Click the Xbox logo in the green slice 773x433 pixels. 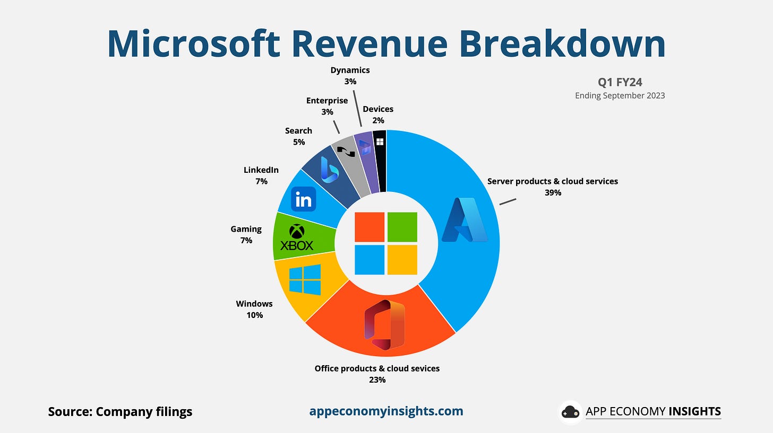pyautogui.click(x=297, y=237)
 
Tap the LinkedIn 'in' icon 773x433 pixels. pyautogui.click(x=304, y=200)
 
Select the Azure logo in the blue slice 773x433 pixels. pyautogui.click(x=465, y=220)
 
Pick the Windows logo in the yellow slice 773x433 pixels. pyautogui.click(x=305, y=280)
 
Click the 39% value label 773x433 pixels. pyautogui.click(x=553, y=193)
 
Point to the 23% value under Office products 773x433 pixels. pyautogui.click(x=377, y=379)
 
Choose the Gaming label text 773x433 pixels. pyautogui.click(x=246, y=229)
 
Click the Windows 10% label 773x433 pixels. pyautogui.click(x=254, y=310)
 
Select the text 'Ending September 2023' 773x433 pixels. pyautogui.click(x=620, y=96)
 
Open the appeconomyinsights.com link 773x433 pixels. pyautogui.click(x=386, y=411)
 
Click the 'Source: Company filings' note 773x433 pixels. pyautogui.click(x=120, y=412)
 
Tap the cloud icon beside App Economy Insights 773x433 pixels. pyautogui.click(x=571, y=412)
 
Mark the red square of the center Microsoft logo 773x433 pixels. pyautogui.click(x=369, y=227)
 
